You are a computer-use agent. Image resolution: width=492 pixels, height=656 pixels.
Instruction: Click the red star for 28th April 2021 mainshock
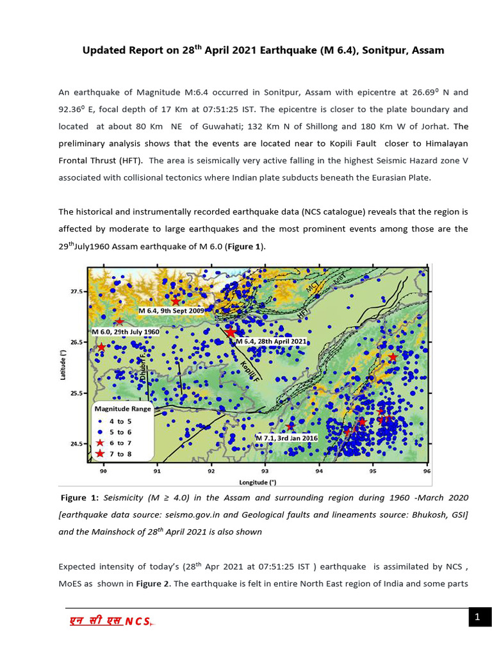tap(231, 332)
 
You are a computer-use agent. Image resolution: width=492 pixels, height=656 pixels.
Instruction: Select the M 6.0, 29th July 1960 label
tap(125, 332)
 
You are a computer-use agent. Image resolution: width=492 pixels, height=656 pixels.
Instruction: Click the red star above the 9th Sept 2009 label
tap(176, 301)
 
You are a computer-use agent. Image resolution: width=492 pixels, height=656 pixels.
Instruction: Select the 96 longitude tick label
tap(427, 473)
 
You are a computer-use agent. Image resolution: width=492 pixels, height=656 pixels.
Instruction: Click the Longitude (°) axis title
tap(258, 482)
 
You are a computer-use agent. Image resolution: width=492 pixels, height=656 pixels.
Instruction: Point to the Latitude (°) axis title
tap(63, 367)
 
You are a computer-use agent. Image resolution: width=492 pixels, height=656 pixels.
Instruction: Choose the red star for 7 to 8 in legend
tap(101, 454)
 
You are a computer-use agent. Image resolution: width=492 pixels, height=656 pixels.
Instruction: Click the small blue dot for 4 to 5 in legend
tap(101, 422)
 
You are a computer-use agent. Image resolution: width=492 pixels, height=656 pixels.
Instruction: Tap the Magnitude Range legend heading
tap(122, 409)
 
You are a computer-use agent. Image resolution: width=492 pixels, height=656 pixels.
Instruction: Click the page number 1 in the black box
tap(477, 617)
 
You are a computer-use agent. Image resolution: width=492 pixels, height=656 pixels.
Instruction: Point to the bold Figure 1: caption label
tap(80, 498)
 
